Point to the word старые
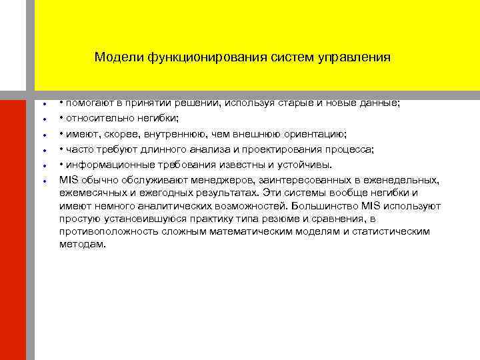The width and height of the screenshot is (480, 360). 301,103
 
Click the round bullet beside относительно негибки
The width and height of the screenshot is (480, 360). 43,119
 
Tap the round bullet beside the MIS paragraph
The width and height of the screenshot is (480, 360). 43,181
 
